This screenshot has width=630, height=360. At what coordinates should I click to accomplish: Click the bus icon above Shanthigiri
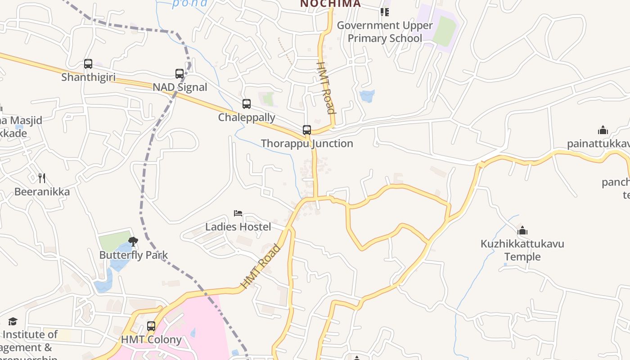(88, 64)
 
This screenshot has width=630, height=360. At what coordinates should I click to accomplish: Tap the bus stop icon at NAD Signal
(180, 74)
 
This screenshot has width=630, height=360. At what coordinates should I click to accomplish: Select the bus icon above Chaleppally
(247, 104)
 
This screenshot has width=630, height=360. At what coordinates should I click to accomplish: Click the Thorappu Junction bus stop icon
(307, 130)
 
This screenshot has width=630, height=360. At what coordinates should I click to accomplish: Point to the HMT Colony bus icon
(151, 326)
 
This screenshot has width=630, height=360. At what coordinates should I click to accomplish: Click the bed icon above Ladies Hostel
(238, 213)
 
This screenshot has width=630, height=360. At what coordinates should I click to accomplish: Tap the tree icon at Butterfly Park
(133, 242)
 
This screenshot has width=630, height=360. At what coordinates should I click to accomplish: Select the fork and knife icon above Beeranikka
(42, 178)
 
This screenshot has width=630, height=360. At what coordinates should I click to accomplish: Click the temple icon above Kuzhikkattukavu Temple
(522, 231)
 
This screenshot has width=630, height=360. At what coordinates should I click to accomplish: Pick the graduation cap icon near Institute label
(13, 321)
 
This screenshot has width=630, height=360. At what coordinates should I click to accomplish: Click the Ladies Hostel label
(238, 226)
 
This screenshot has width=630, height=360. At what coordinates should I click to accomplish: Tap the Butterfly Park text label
(134, 255)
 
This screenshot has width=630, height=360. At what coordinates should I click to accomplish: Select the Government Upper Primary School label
(385, 31)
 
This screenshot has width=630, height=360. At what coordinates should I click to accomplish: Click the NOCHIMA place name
(330, 4)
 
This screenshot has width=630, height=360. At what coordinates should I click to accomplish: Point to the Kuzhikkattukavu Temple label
(522, 250)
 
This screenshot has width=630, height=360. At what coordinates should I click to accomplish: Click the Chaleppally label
(247, 117)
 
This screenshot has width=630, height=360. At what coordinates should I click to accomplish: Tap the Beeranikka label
(42, 192)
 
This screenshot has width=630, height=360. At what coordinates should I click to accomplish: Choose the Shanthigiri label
(88, 77)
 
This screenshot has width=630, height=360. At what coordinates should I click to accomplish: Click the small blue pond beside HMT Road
(367, 96)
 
